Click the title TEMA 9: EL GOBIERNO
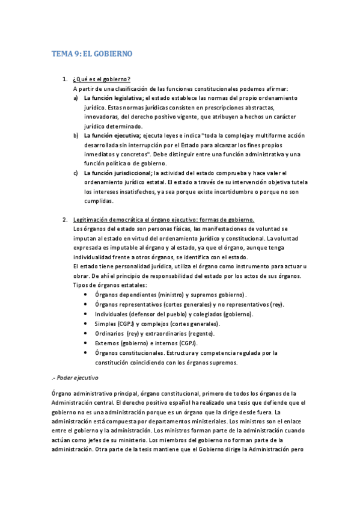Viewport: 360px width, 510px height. point(92,54)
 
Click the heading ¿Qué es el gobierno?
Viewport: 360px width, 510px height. point(101,79)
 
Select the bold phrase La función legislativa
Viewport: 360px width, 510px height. point(114,97)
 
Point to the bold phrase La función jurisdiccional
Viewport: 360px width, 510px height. point(117,174)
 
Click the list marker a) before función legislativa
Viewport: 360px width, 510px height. point(75,97)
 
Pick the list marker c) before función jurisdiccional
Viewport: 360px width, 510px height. point(75,174)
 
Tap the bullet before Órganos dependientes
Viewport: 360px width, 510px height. point(88,295)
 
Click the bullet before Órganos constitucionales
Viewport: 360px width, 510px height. point(88,353)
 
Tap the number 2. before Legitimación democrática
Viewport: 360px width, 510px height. point(65,220)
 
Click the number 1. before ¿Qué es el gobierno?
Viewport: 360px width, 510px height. point(65,79)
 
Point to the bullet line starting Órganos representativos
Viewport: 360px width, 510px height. point(189,305)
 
